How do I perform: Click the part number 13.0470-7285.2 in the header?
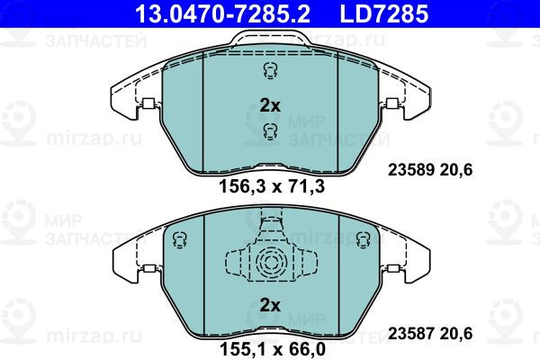tap(223, 13)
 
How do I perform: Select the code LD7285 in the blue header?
tap(384, 13)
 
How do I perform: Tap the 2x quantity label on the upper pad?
tap(270, 106)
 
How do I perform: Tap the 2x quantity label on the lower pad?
tap(270, 305)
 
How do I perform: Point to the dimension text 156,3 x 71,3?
tap(272, 187)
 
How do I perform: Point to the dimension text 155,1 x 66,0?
tap(272, 349)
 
